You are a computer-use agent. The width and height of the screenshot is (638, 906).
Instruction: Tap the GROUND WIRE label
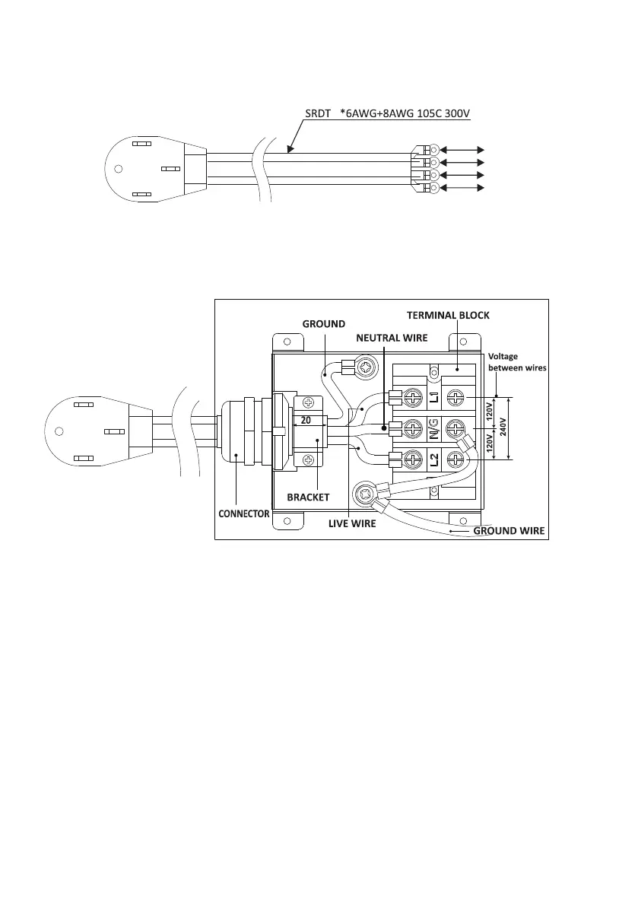click(509, 530)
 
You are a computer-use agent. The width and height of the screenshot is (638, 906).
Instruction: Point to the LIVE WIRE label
click(352, 523)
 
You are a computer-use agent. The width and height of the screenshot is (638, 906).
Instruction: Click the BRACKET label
click(308, 497)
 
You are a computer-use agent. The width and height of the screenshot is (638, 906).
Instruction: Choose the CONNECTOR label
click(243, 513)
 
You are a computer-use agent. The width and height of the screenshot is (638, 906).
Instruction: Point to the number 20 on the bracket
click(306, 420)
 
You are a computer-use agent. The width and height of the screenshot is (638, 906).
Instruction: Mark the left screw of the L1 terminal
click(412, 396)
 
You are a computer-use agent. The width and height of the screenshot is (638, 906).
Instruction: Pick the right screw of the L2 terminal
click(455, 459)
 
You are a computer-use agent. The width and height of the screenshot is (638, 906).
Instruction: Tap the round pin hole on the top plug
click(118, 169)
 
